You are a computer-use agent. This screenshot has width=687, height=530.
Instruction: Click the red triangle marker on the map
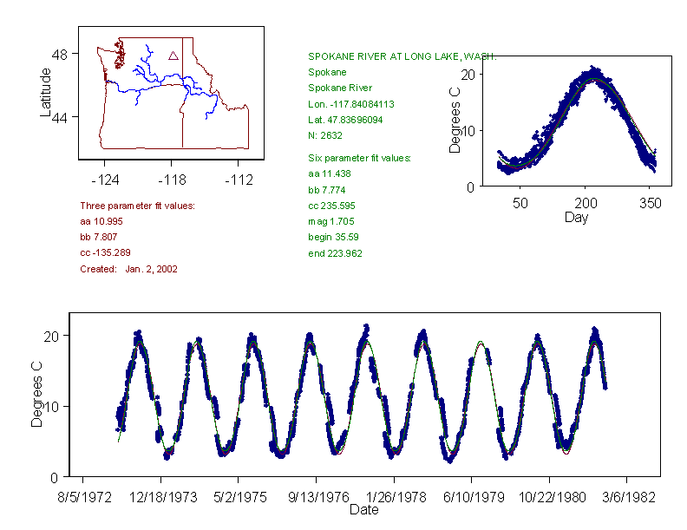[173, 56]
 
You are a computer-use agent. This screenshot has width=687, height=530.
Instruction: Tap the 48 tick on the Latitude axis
[61, 54]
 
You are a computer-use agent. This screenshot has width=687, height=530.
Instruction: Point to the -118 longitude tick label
[171, 180]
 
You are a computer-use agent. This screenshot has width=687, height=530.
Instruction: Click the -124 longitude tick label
[105, 180]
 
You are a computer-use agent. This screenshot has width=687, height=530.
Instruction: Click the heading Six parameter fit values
[360, 158]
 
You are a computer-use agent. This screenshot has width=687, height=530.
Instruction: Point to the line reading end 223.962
[336, 253]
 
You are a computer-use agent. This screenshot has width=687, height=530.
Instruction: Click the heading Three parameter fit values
[137, 206]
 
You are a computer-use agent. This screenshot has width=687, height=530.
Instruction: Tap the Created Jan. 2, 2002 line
[128, 270]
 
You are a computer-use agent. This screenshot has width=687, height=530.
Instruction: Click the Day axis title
[576, 217]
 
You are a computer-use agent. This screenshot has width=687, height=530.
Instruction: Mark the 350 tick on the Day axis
[651, 203]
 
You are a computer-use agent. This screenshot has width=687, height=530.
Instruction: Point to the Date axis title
[363, 509]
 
